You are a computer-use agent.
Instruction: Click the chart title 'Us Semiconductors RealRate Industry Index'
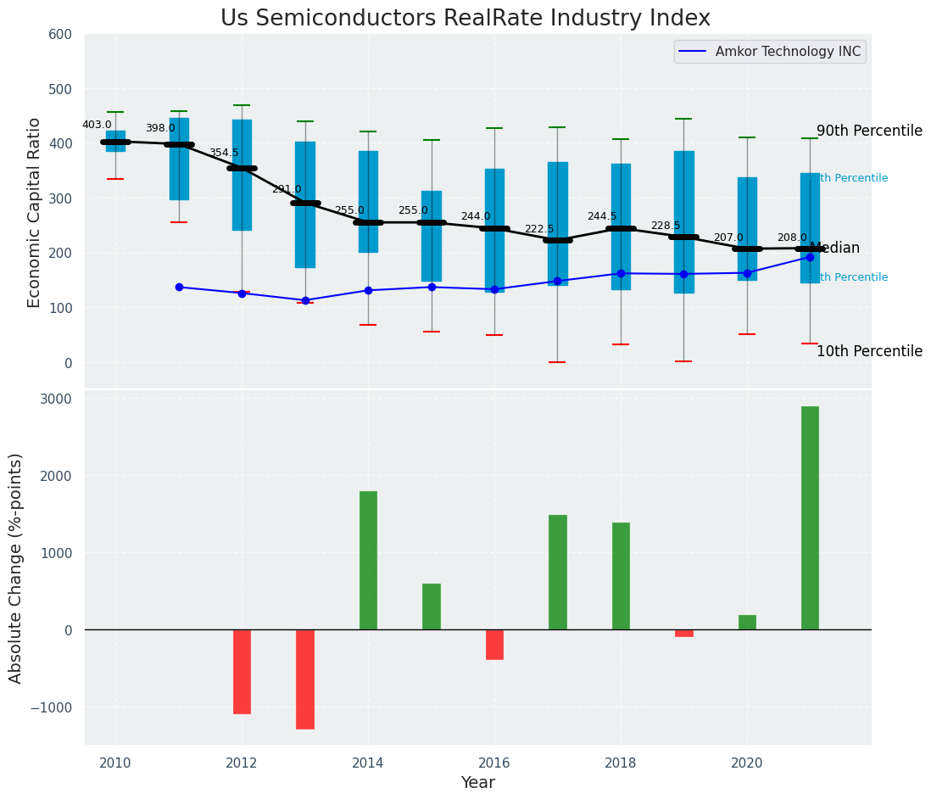coord(465,18)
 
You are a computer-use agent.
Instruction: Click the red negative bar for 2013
coord(305,679)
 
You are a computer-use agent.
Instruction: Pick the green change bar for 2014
coord(368,560)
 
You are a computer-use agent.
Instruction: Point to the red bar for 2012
coord(242,671)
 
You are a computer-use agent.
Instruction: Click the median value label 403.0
coord(97,125)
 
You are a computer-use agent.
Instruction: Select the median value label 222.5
coord(539,229)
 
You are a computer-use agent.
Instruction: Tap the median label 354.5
coord(224,153)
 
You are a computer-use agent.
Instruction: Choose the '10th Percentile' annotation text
coord(869,351)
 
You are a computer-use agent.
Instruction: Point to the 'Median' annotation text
coord(835,248)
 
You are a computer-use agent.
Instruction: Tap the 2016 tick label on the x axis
coord(494,763)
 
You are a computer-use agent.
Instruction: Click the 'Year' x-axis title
coord(478,783)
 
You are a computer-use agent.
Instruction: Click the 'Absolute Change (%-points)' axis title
coord(16,567)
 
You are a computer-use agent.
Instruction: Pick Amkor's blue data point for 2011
coord(179,287)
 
